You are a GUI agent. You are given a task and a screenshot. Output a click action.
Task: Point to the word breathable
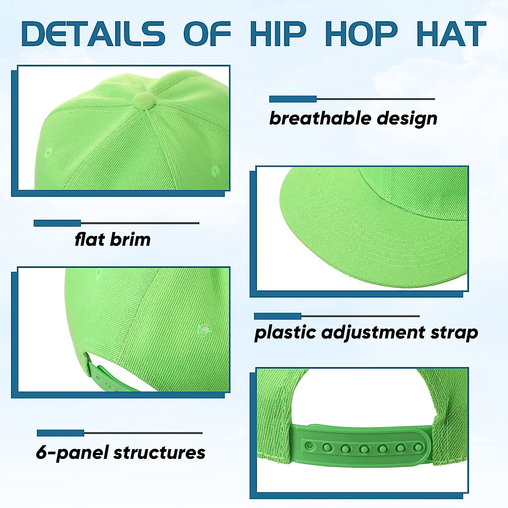pos(319,118)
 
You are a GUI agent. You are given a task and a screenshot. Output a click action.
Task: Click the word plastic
pos(284,333)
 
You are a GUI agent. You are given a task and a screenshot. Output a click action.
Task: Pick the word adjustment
pos(373,333)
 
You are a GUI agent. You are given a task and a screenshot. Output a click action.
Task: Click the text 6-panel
pos(70,453)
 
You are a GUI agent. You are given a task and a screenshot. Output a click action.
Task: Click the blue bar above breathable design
pos(293,99)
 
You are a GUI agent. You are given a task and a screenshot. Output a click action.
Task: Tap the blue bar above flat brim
pos(57,223)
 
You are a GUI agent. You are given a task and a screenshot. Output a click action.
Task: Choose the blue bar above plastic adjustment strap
pos(277,316)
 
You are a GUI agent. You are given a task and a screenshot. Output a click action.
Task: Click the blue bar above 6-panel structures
pos(60,433)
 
